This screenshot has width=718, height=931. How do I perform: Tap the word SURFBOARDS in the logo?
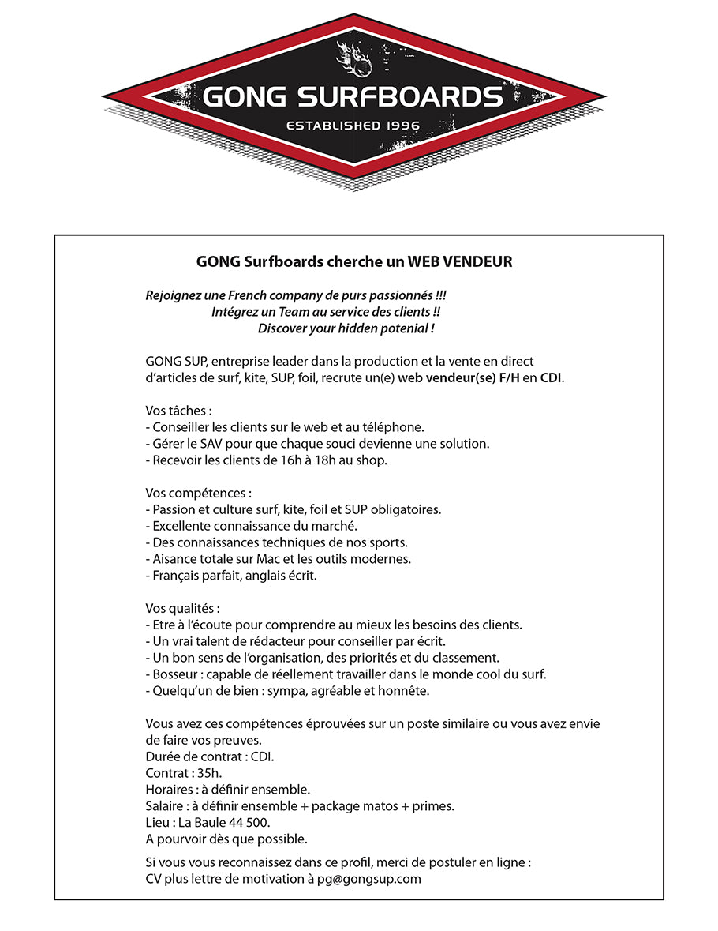[400, 98]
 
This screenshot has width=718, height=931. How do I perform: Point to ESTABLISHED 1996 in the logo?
[353, 126]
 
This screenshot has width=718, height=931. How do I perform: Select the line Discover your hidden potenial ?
[346, 328]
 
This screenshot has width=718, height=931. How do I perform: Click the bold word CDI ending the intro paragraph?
[551, 377]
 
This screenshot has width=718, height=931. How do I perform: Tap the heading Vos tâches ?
[179, 411]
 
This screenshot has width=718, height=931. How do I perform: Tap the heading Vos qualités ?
[183, 608]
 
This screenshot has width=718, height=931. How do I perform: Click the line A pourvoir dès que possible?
[226, 839]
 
